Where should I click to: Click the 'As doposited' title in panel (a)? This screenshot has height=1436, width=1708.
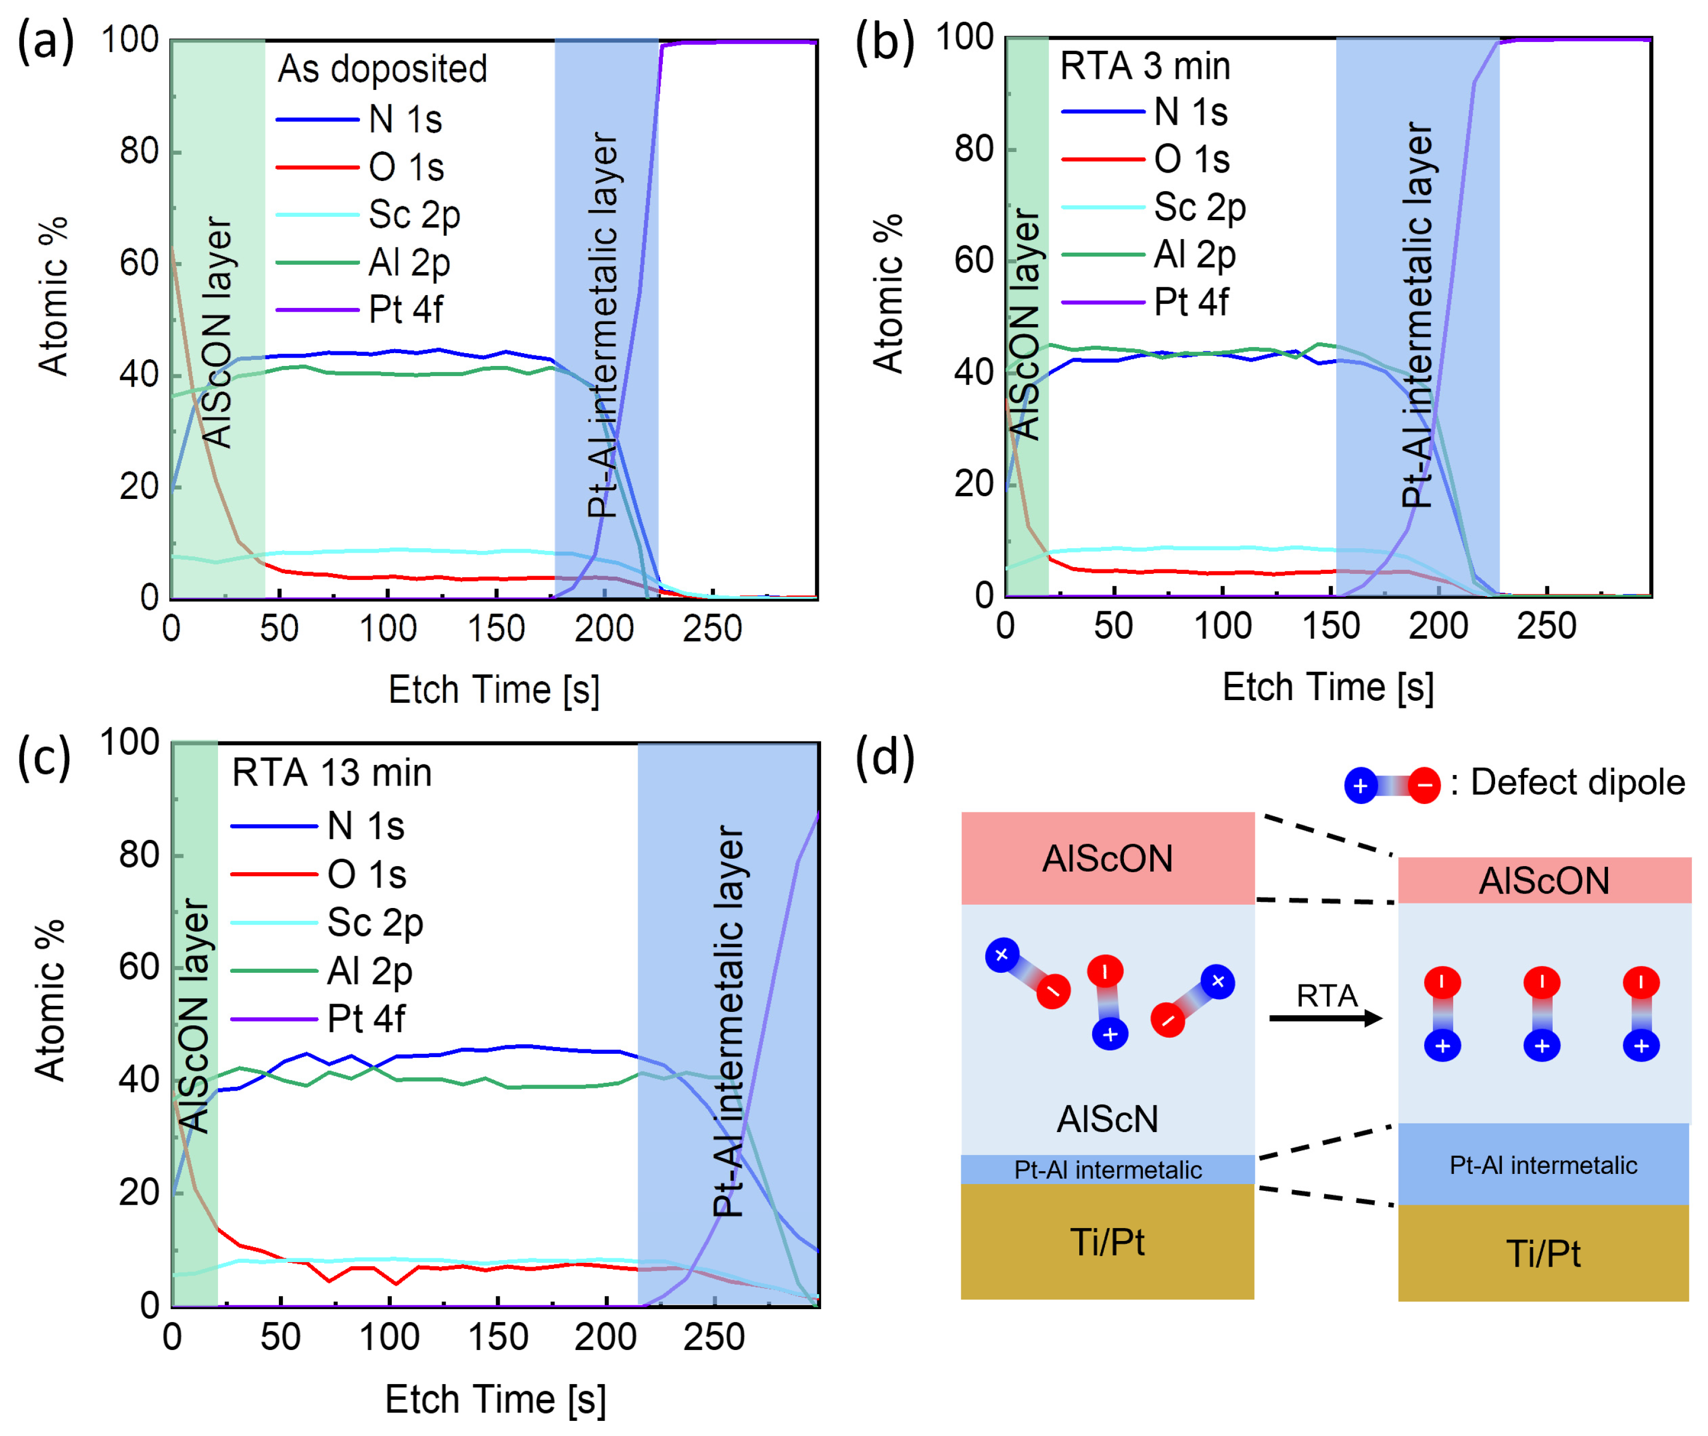(383, 69)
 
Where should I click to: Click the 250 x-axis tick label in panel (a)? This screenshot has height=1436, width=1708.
(713, 629)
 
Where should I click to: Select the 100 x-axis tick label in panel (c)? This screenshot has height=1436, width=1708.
(389, 1337)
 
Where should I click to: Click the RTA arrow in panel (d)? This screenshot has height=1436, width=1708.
(1325, 1017)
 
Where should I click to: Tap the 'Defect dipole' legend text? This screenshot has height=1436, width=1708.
(1577, 782)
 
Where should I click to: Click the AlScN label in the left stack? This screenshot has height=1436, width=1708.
(1107, 1119)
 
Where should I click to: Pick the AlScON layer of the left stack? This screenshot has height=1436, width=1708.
(1107, 859)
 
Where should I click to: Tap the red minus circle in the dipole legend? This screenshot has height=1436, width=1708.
(1424, 786)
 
